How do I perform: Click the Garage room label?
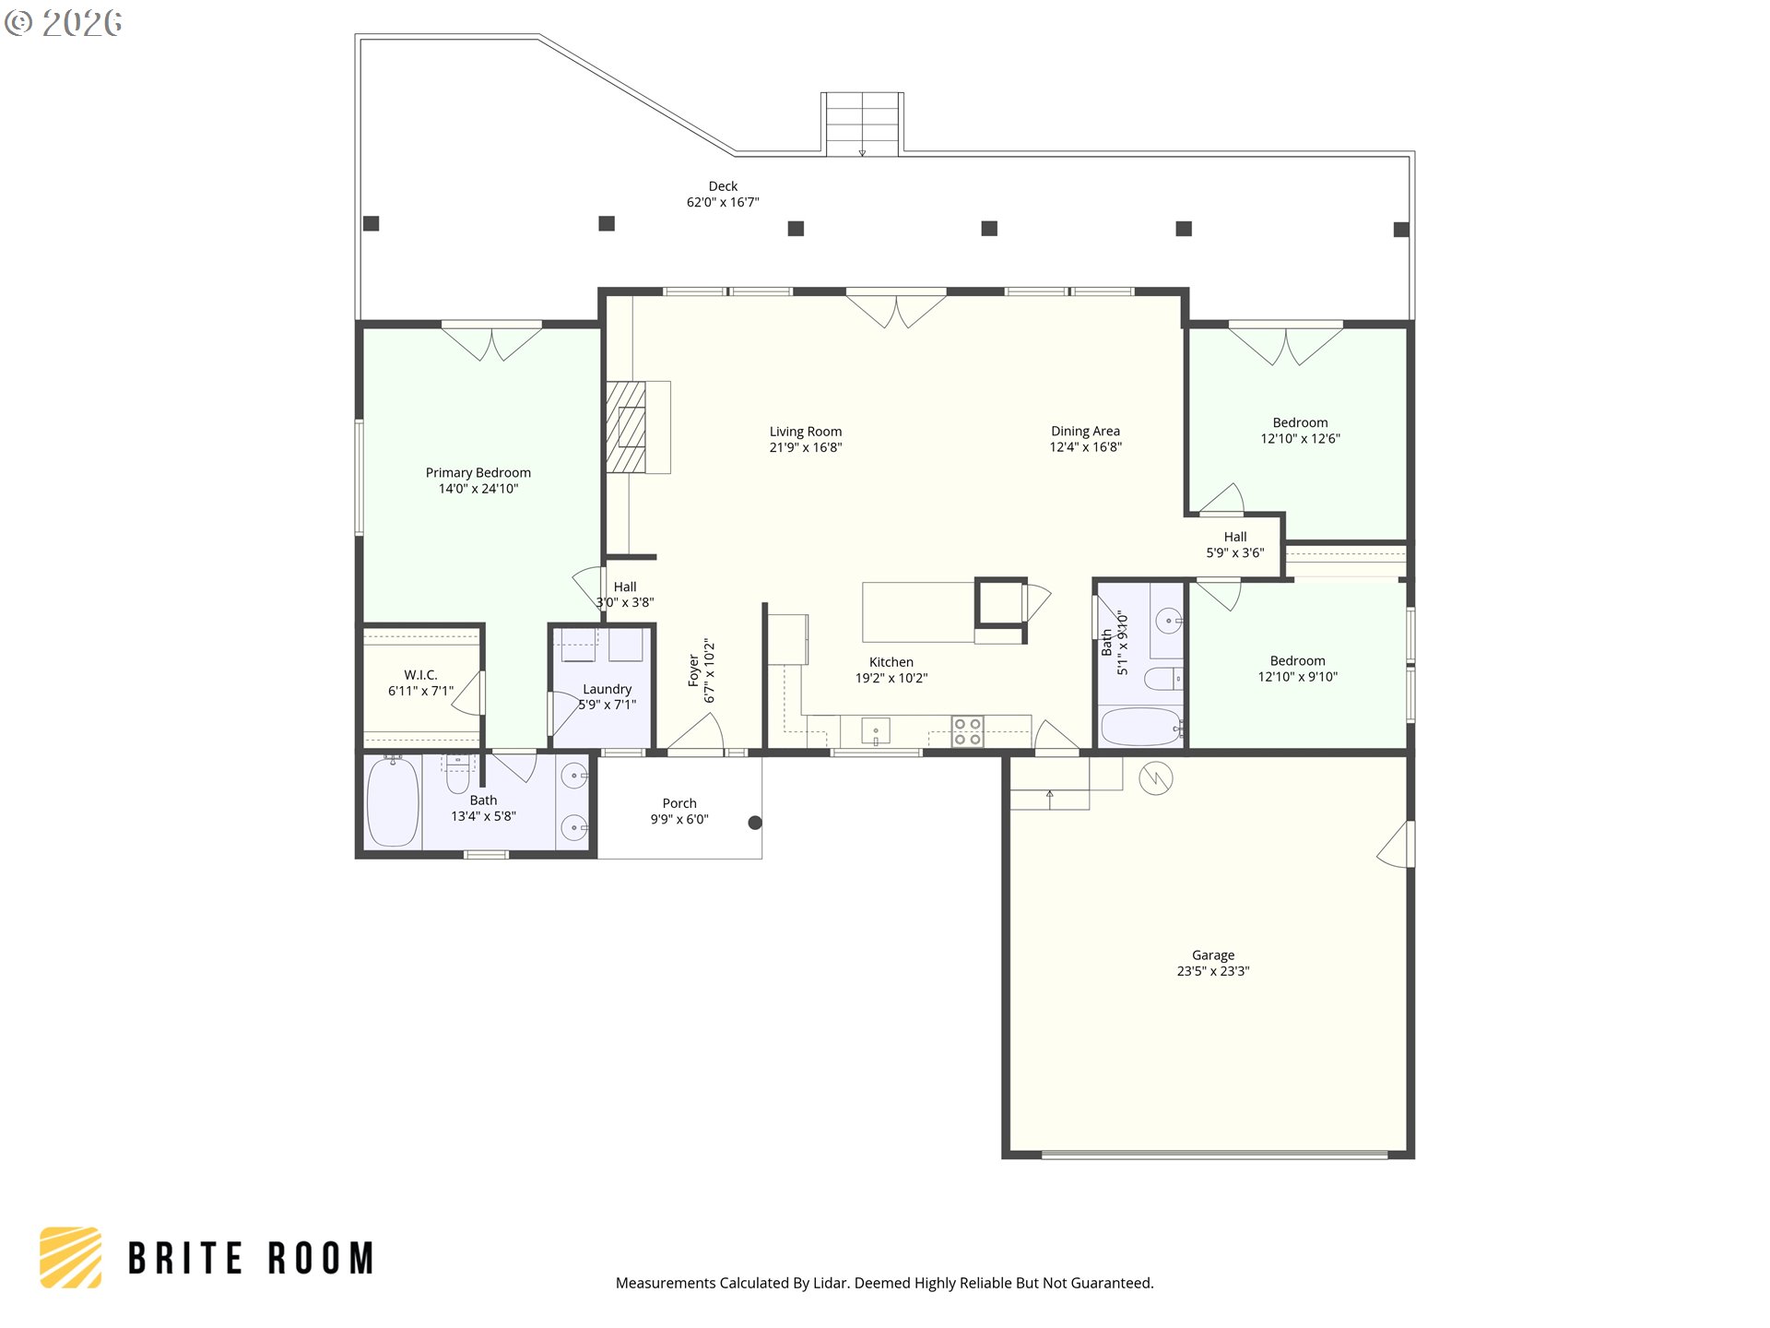1212,955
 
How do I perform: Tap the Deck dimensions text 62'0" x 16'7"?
723,203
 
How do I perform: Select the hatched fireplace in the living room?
626,427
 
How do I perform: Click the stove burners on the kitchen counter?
967,732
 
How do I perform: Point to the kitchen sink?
875,731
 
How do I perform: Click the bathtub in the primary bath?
393,802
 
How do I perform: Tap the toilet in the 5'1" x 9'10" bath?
1162,680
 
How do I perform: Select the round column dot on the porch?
755,823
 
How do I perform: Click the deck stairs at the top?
862,125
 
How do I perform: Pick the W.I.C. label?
420,675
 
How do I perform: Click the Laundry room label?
607,689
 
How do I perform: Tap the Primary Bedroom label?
478,472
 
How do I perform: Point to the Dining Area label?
1085,431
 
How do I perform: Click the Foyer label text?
694,670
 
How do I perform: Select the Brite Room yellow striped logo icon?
71,1258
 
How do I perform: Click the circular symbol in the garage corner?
1155,778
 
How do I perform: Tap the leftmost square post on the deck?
372,223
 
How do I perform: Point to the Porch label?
679,803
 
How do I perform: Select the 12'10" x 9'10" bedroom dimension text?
1297,677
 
